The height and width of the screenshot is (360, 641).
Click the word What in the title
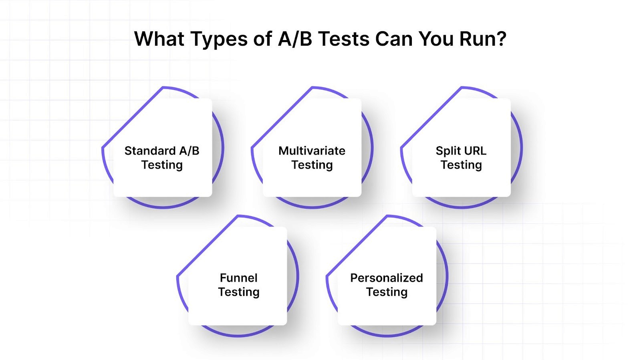click(159, 39)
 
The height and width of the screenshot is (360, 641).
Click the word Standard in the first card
click(150, 151)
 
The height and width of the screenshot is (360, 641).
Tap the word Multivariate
click(312, 151)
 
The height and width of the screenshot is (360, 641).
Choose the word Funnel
click(238, 278)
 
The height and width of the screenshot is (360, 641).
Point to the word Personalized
click(386, 278)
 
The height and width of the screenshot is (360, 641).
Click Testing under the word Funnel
click(238, 292)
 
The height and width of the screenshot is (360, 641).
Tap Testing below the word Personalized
click(386, 292)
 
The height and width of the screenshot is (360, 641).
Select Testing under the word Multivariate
click(312, 165)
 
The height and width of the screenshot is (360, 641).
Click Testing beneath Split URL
click(461, 165)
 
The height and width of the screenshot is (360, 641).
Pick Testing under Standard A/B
click(162, 165)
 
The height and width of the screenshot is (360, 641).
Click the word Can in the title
click(394, 39)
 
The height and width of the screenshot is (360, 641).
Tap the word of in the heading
click(262, 39)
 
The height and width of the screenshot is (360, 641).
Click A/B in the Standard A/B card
click(189, 151)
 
